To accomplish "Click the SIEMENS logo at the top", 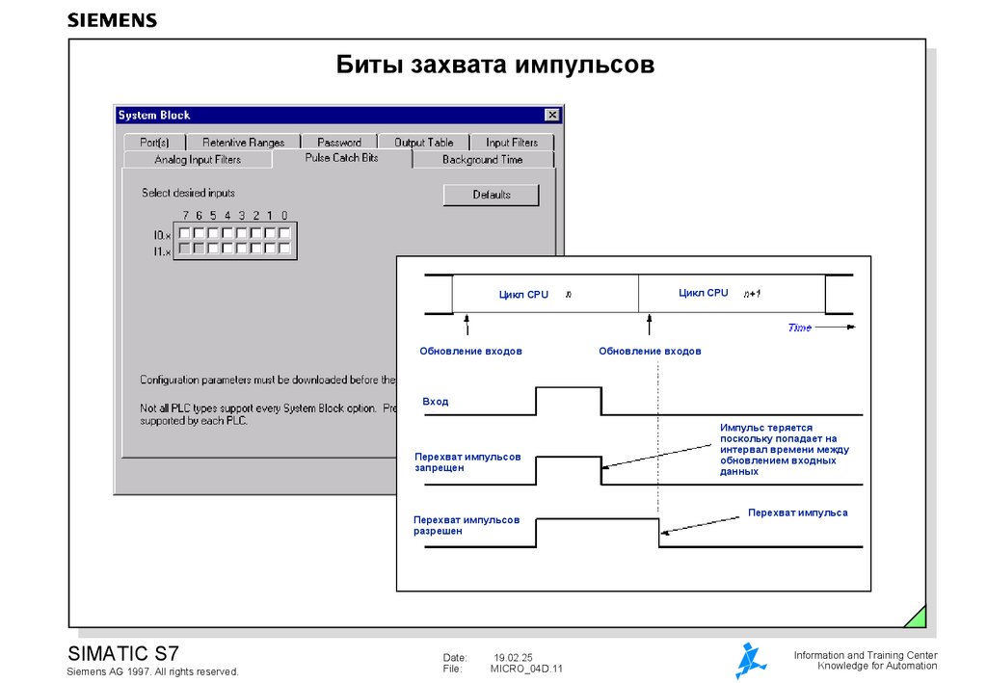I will [x=112, y=19].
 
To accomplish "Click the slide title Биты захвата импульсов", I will [x=495, y=66].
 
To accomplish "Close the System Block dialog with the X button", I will [x=552, y=115].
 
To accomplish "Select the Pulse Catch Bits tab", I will [x=341, y=158].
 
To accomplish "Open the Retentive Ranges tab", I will [x=243, y=143].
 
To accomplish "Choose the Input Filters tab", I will [x=512, y=143].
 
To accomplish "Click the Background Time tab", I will [x=482, y=160].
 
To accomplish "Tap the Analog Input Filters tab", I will [x=198, y=160].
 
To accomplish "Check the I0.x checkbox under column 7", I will [x=184, y=233].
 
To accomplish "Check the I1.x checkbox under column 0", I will [x=285, y=249].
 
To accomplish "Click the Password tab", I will [x=339, y=143].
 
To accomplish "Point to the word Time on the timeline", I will [x=799, y=328].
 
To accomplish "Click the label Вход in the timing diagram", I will [x=436, y=401].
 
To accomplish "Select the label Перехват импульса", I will [x=798, y=512].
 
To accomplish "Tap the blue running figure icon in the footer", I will [x=750, y=660].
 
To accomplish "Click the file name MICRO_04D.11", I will [x=525, y=669].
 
